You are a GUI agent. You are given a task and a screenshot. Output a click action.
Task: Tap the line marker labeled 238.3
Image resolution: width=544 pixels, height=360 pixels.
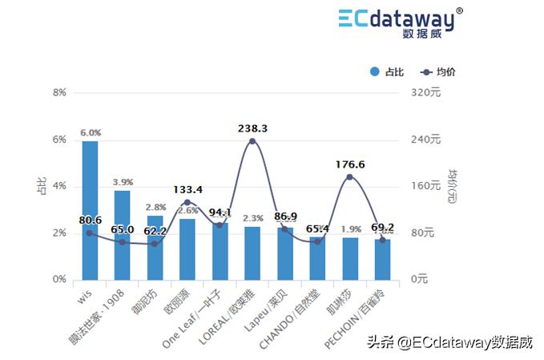click(x=252, y=141)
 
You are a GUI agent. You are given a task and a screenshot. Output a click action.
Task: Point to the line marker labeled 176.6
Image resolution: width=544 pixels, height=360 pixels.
click(x=349, y=177)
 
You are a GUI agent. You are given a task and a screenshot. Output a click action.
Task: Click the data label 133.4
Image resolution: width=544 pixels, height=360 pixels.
click(x=187, y=190)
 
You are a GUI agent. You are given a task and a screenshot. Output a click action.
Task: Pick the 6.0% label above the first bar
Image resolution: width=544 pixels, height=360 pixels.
click(x=90, y=132)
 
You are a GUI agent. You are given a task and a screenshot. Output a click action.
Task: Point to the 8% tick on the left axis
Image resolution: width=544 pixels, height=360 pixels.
click(x=59, y=93)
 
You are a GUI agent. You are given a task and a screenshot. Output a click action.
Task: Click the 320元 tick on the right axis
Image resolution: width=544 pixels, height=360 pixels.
click(x=425, y=93)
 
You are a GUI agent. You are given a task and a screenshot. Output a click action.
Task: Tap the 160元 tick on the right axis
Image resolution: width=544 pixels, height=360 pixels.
click(x=425, y=186)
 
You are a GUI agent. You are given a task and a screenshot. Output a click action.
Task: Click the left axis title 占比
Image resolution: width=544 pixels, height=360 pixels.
click(x=42, y=187)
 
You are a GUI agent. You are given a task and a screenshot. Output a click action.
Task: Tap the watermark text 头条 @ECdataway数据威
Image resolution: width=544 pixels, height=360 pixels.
click(x=449, y=342)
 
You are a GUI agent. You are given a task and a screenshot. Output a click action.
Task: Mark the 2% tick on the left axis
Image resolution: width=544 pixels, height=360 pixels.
click(x=59, y=233)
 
